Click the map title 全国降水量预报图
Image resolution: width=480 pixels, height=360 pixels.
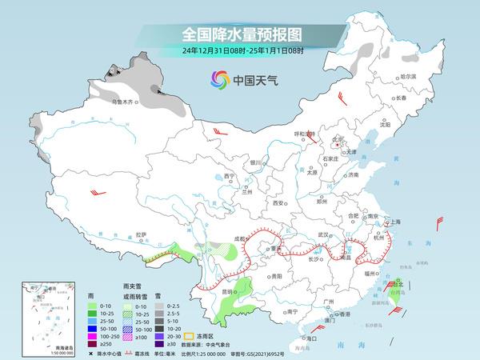[x=239, y=34]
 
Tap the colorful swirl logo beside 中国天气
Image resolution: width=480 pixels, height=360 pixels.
[x=218, y=79]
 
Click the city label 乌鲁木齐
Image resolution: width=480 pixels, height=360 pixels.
[x=122, y=102]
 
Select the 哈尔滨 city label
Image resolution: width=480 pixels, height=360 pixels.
[x=409, y=76]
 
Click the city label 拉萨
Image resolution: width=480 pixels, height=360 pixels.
[x=142, y=234]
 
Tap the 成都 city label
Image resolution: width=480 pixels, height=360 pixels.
[x=240, y=238]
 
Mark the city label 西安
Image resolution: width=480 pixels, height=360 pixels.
[x=278, y=203]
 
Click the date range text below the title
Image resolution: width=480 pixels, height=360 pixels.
[x=239, y=50]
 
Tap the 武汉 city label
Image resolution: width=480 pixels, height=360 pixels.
[x=324, y=234]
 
